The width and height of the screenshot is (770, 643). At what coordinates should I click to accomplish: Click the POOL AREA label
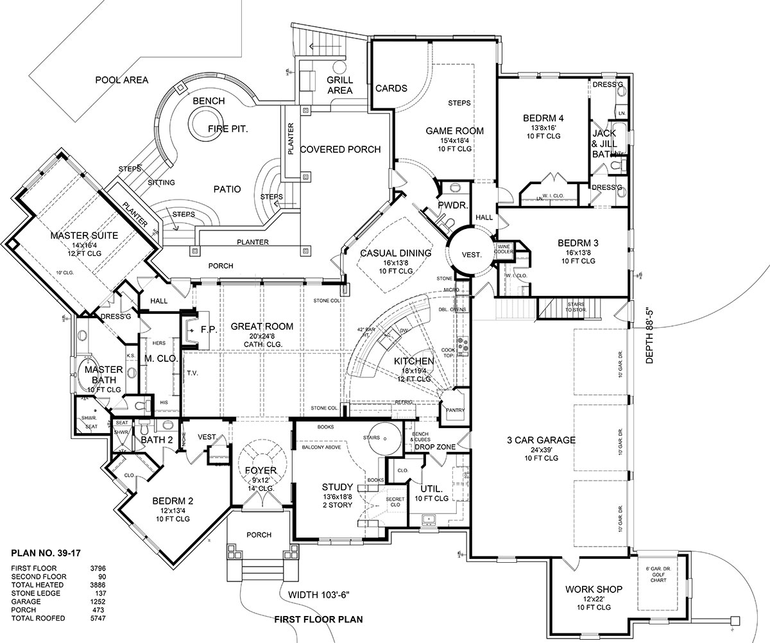click(121, 80)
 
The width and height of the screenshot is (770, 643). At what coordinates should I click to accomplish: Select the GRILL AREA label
click(339, 85)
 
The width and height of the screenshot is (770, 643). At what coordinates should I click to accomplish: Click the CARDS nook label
click(391, 89)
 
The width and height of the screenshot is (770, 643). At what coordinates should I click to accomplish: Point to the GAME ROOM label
click(454, 131)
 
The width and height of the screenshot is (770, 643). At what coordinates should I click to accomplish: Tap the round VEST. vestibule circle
click(471, 254)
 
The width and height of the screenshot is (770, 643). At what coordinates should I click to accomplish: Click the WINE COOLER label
click(504, 249)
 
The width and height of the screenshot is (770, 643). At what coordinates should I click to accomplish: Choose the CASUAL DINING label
click(395, 253)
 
